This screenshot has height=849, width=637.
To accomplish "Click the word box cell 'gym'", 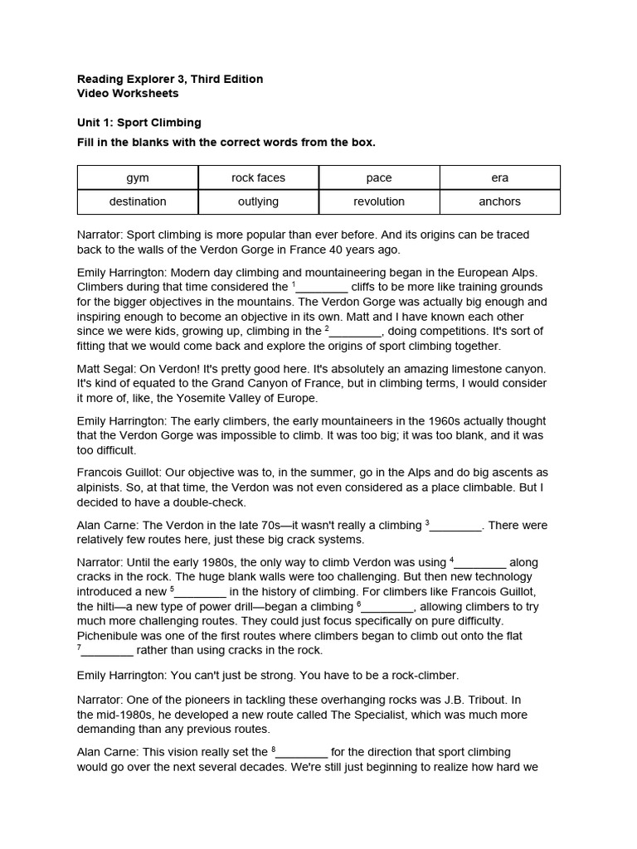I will click(x=138, y=177).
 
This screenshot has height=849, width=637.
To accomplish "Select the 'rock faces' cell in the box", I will click(x=258, y=177).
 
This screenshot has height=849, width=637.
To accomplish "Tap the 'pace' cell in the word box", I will click(x=379, y=177).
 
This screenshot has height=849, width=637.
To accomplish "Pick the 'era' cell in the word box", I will click(x=499, y=177).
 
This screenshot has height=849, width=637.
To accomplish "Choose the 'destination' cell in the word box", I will click(x=138, y=201).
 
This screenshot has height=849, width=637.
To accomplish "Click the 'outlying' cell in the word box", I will click(x=258, y=201).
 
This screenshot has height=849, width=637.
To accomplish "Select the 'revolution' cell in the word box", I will click(x=379, y=201).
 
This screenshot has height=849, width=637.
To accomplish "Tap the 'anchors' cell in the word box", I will click(x=499, y=201).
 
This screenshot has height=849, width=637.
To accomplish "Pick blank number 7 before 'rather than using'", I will click(x=108, y=652).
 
